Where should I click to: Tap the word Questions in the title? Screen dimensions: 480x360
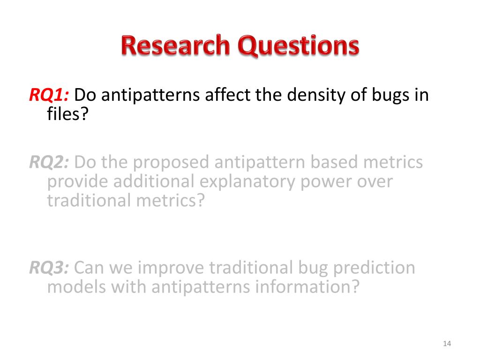299,46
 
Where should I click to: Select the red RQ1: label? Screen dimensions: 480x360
49,95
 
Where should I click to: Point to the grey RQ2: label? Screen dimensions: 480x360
49,162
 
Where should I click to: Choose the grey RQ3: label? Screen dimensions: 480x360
49,268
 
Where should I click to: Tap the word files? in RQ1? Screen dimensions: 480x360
67,113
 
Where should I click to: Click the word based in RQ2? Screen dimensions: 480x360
334,162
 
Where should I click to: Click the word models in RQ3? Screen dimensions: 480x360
76,287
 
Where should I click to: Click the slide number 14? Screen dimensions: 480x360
447,344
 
